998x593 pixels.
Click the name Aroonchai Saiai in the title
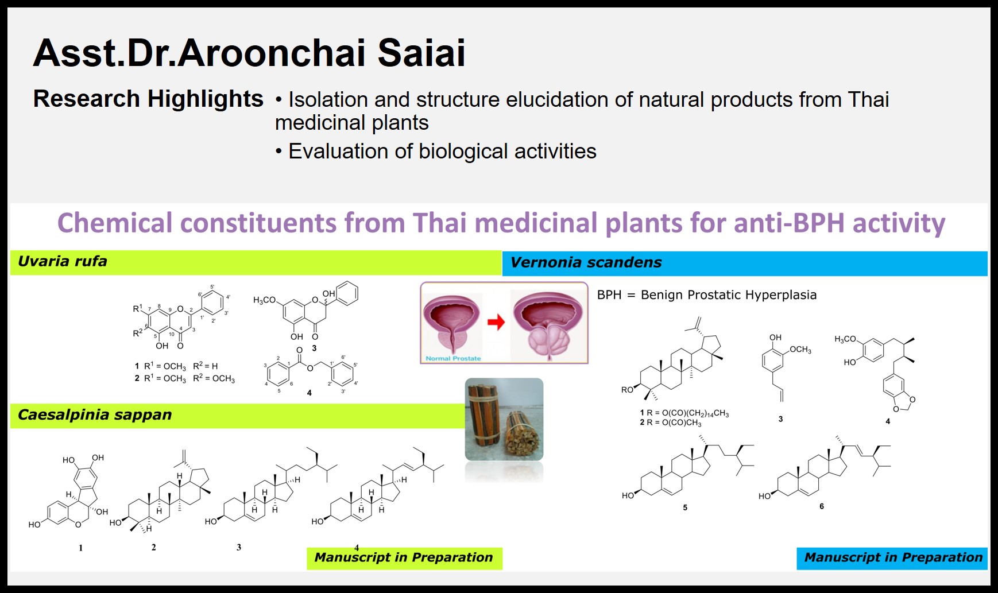[321, 53]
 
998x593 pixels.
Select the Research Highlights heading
[148, 99]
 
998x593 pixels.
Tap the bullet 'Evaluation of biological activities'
[436, 151]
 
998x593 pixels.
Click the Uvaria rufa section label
[63, 261]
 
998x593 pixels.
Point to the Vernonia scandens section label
[586, 262]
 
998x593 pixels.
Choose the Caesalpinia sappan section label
[95, 414]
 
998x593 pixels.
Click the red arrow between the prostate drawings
[496, 322]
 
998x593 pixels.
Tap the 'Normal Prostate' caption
[453, 358]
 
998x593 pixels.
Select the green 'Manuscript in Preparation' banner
[404, 558]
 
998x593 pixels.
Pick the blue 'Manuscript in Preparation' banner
[892, 558]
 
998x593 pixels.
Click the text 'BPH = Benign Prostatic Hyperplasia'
[707, 295]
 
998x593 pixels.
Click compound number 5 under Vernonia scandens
[685, 507]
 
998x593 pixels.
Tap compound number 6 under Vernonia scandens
[822, 506]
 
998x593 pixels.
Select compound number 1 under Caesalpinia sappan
[81, 548]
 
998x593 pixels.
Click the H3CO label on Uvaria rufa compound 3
[265, 300]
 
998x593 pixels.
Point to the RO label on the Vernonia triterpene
[627, 390]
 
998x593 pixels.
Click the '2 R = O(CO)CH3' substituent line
[671, 423]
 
